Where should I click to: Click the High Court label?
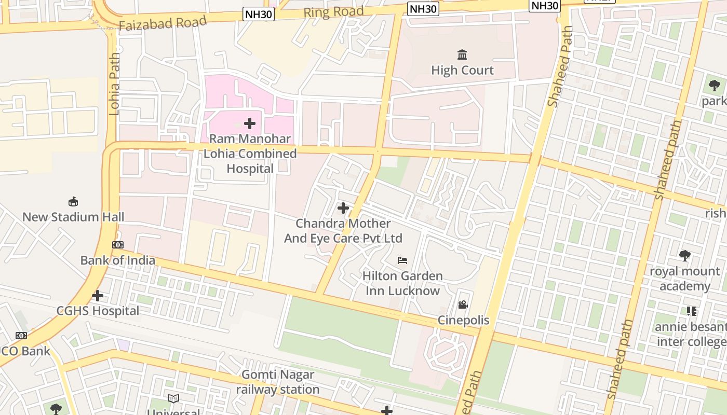tap(462, 70)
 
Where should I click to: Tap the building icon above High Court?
tap(462, 54)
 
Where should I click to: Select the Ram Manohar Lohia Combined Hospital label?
tap(250, 154)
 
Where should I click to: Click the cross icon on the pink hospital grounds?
tap(250, 123)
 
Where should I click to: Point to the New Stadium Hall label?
tap(73, 217)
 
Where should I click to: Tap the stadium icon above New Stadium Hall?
tap(73, 201)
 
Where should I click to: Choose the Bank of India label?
tap(118, 260)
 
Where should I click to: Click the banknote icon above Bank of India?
tap(118, 245)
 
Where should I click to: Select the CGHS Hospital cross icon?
tap(98, 296)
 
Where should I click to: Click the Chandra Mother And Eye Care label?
tap(343, 231)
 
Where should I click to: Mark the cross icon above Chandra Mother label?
tap(343, 208)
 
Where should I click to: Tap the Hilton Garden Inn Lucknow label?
tap(402, 283)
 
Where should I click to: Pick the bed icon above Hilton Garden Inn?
tap(402, 260)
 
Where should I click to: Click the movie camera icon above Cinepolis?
tap(463, 305)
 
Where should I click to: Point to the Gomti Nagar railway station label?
tap(278, 382)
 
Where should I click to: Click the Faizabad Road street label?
tap(163, 23)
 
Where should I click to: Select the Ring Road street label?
tap(333, 12)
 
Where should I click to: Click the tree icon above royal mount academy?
tap(685, 256)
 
